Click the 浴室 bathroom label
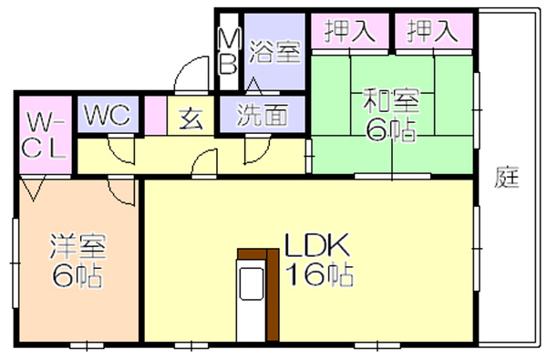[x=275, y=52]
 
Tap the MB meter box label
[x=229, y=51]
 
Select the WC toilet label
[x=108, y=114]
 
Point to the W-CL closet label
[x=45, y=138]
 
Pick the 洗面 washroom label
[x=263, y=115]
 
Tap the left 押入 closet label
[x=350, y=31]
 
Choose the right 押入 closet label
[x=432, y=31]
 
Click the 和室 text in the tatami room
[x=391, y=101]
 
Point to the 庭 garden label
[x=507, y=177]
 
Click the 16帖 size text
[x=320, y=273]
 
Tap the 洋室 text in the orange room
[x=77, y=247]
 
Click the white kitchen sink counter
[x=252, y=301]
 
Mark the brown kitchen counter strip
[x=273, y=294]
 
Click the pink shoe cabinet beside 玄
[x=156, y=115]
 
